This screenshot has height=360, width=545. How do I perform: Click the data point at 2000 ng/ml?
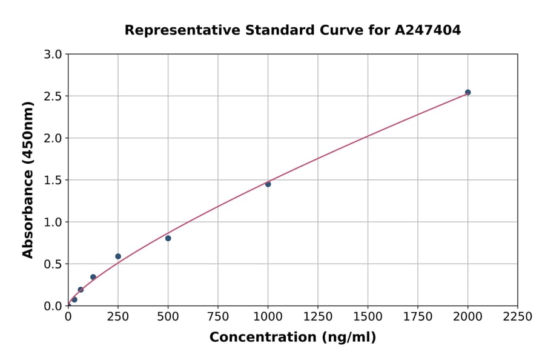click(x=467, y=92)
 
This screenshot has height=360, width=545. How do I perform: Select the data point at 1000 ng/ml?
click(x=268, y=184)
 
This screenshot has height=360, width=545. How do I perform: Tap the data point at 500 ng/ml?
click(x=168, y=238)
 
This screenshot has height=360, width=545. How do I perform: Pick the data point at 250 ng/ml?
click(x=118, y=256)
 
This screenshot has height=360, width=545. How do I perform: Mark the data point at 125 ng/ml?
click(x=93, y=277)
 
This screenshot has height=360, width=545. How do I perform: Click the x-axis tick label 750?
click(x=218, y=316)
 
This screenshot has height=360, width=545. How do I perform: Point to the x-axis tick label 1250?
click(x=318, y=316)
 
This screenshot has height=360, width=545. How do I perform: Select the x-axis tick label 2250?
click(x=518, y=316)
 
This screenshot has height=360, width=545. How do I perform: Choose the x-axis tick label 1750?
click(x=418, y=316)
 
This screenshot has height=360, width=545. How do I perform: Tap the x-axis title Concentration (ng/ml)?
click(x=292, y=337)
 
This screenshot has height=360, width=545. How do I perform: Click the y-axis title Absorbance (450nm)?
click(x=28, y=179)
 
